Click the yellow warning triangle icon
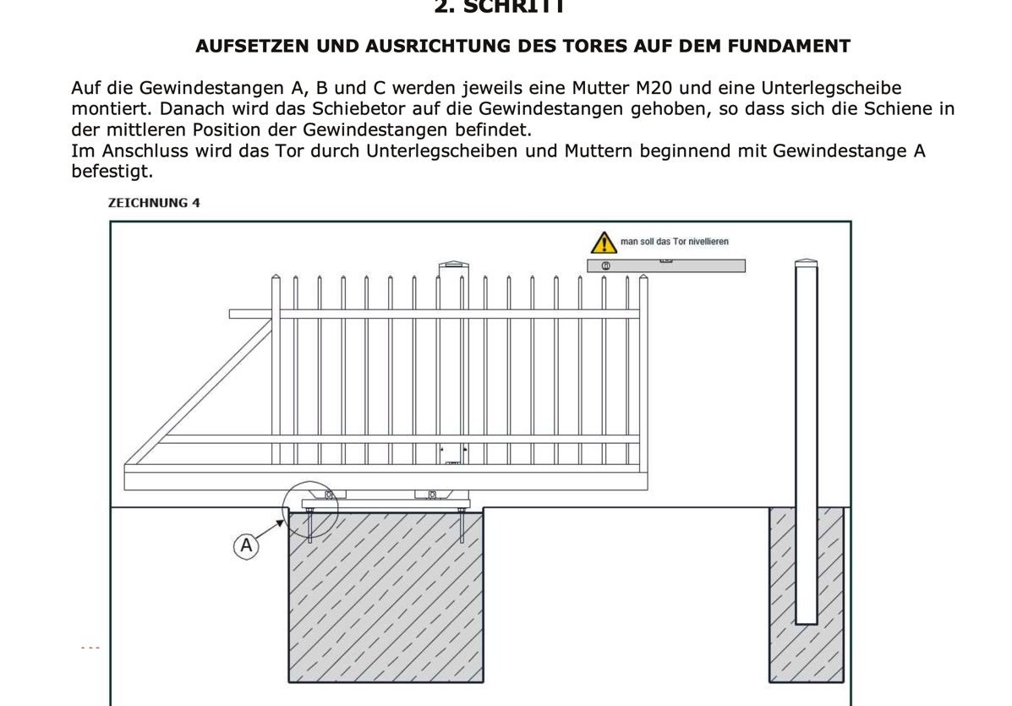click(x=603, y=243)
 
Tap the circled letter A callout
click(x=246, y=545)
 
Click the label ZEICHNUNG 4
click(x=154, y=203)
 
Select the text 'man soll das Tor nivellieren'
click(x=674, y=242)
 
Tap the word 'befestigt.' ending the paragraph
click(x=112, y=172)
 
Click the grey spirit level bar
click(x=666, y=265)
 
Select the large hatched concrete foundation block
click(x=386, y=596)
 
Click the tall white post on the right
click(x=807, y=440)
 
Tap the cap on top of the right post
click(x=807, y=263)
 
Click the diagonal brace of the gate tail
click(x=199, y=389)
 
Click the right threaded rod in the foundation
click(x=462, y=525)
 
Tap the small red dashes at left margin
click(x=90, y=649)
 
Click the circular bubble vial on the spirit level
click(x=605, y=265)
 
